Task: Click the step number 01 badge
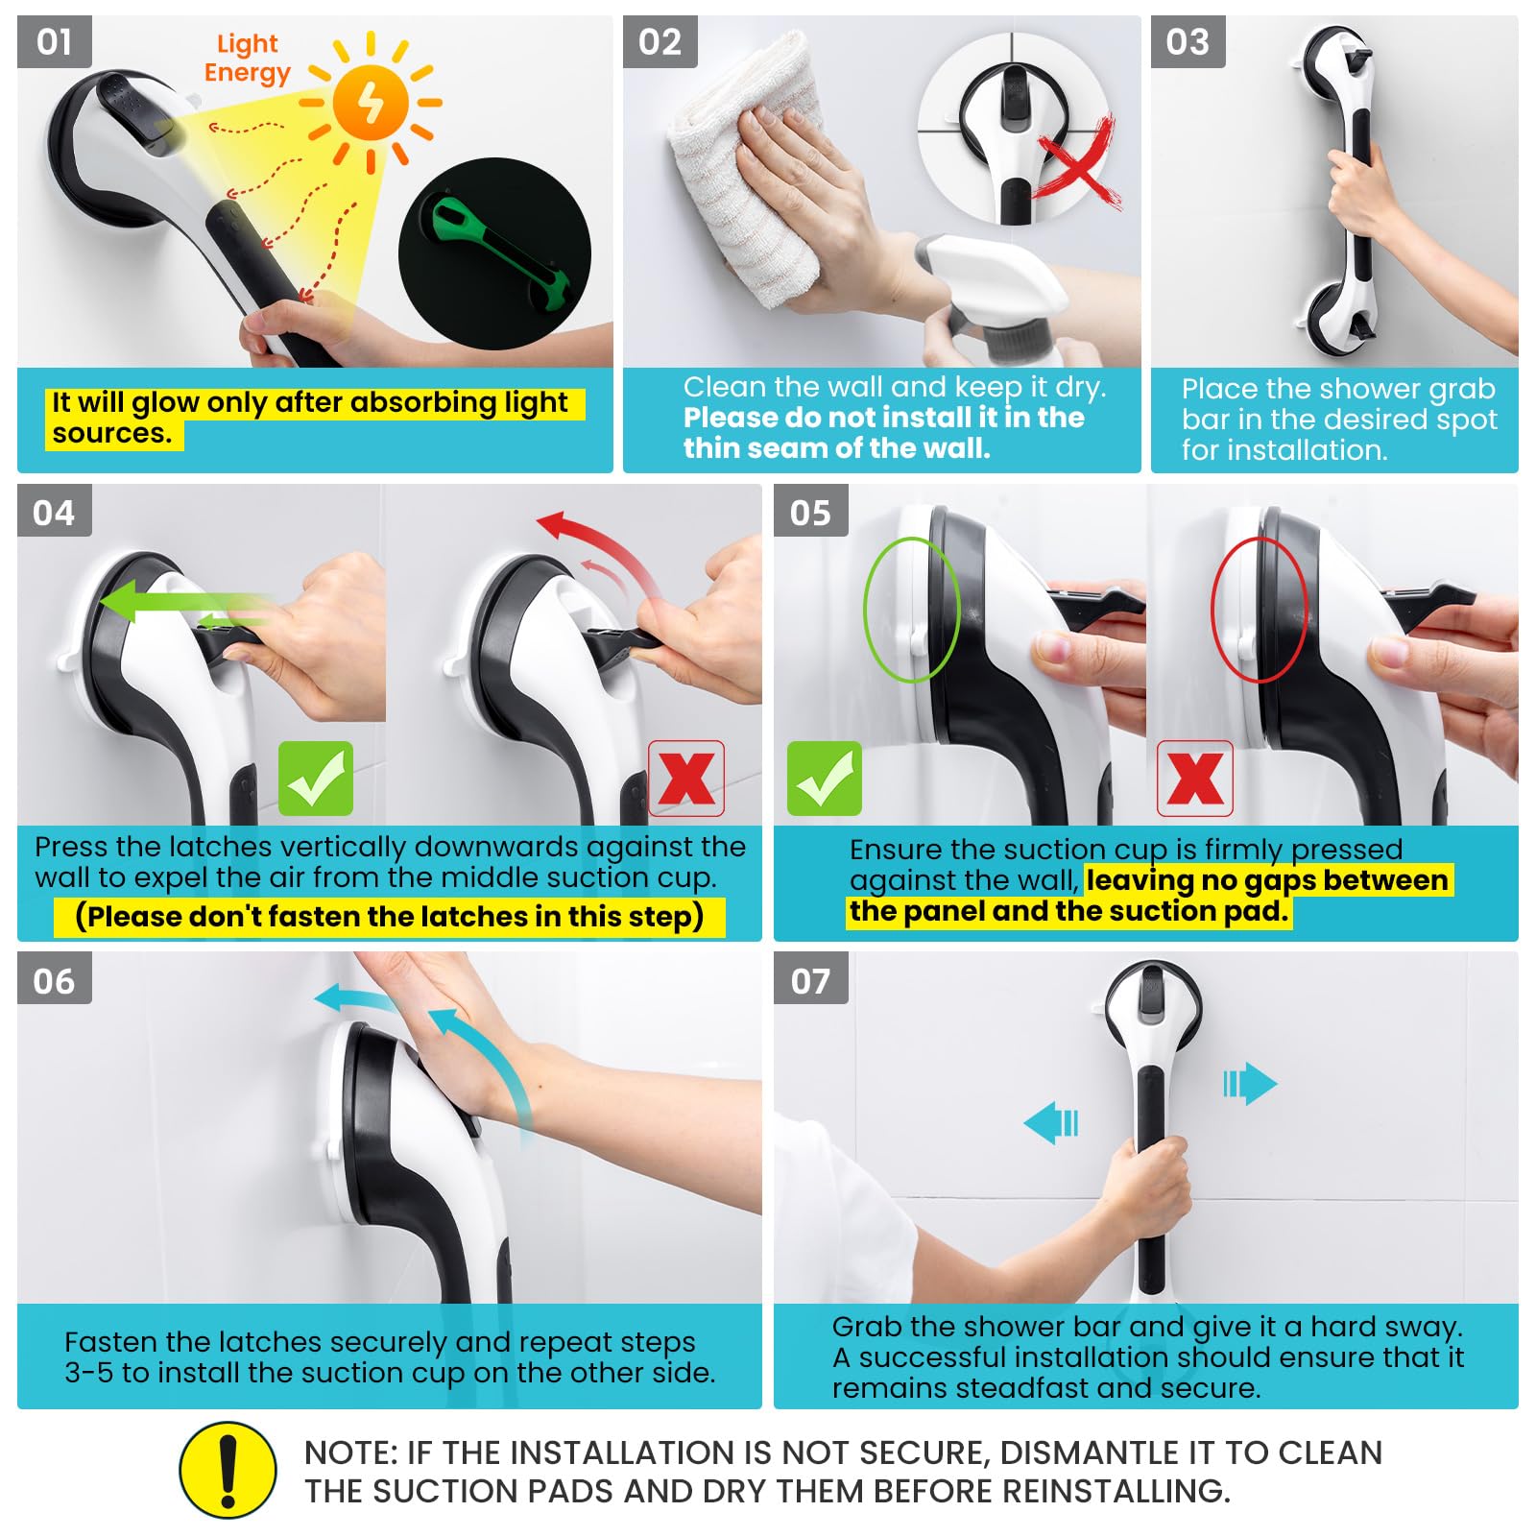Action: pyautogui.click(x=55, y=42)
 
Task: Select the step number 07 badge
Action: pyautogui.click(x=811, y=979)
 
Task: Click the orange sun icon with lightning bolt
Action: pyautogui.click(x=372, y=103)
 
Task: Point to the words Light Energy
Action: pyautogui.click(x=247, y=59)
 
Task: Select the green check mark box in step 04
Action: pyautogui.click(x=316, y=779)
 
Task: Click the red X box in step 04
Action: pyautogui.click(x=686, y=779)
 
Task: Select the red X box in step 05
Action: pyautogui.click(x=1195, y=779)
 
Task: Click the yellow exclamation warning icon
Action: pyautogui.click(x=228, y=1470)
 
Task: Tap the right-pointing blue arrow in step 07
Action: pyautogui.click(x=1250, y=1084)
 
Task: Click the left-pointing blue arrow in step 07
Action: pyautogui.click(x=1052, y=1122)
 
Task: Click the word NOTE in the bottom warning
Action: pyautogui.click(x=347, y=1452)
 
